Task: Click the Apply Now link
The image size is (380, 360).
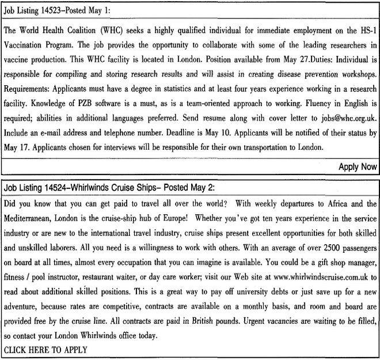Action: pyautogui.click(x=358, y=167)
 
